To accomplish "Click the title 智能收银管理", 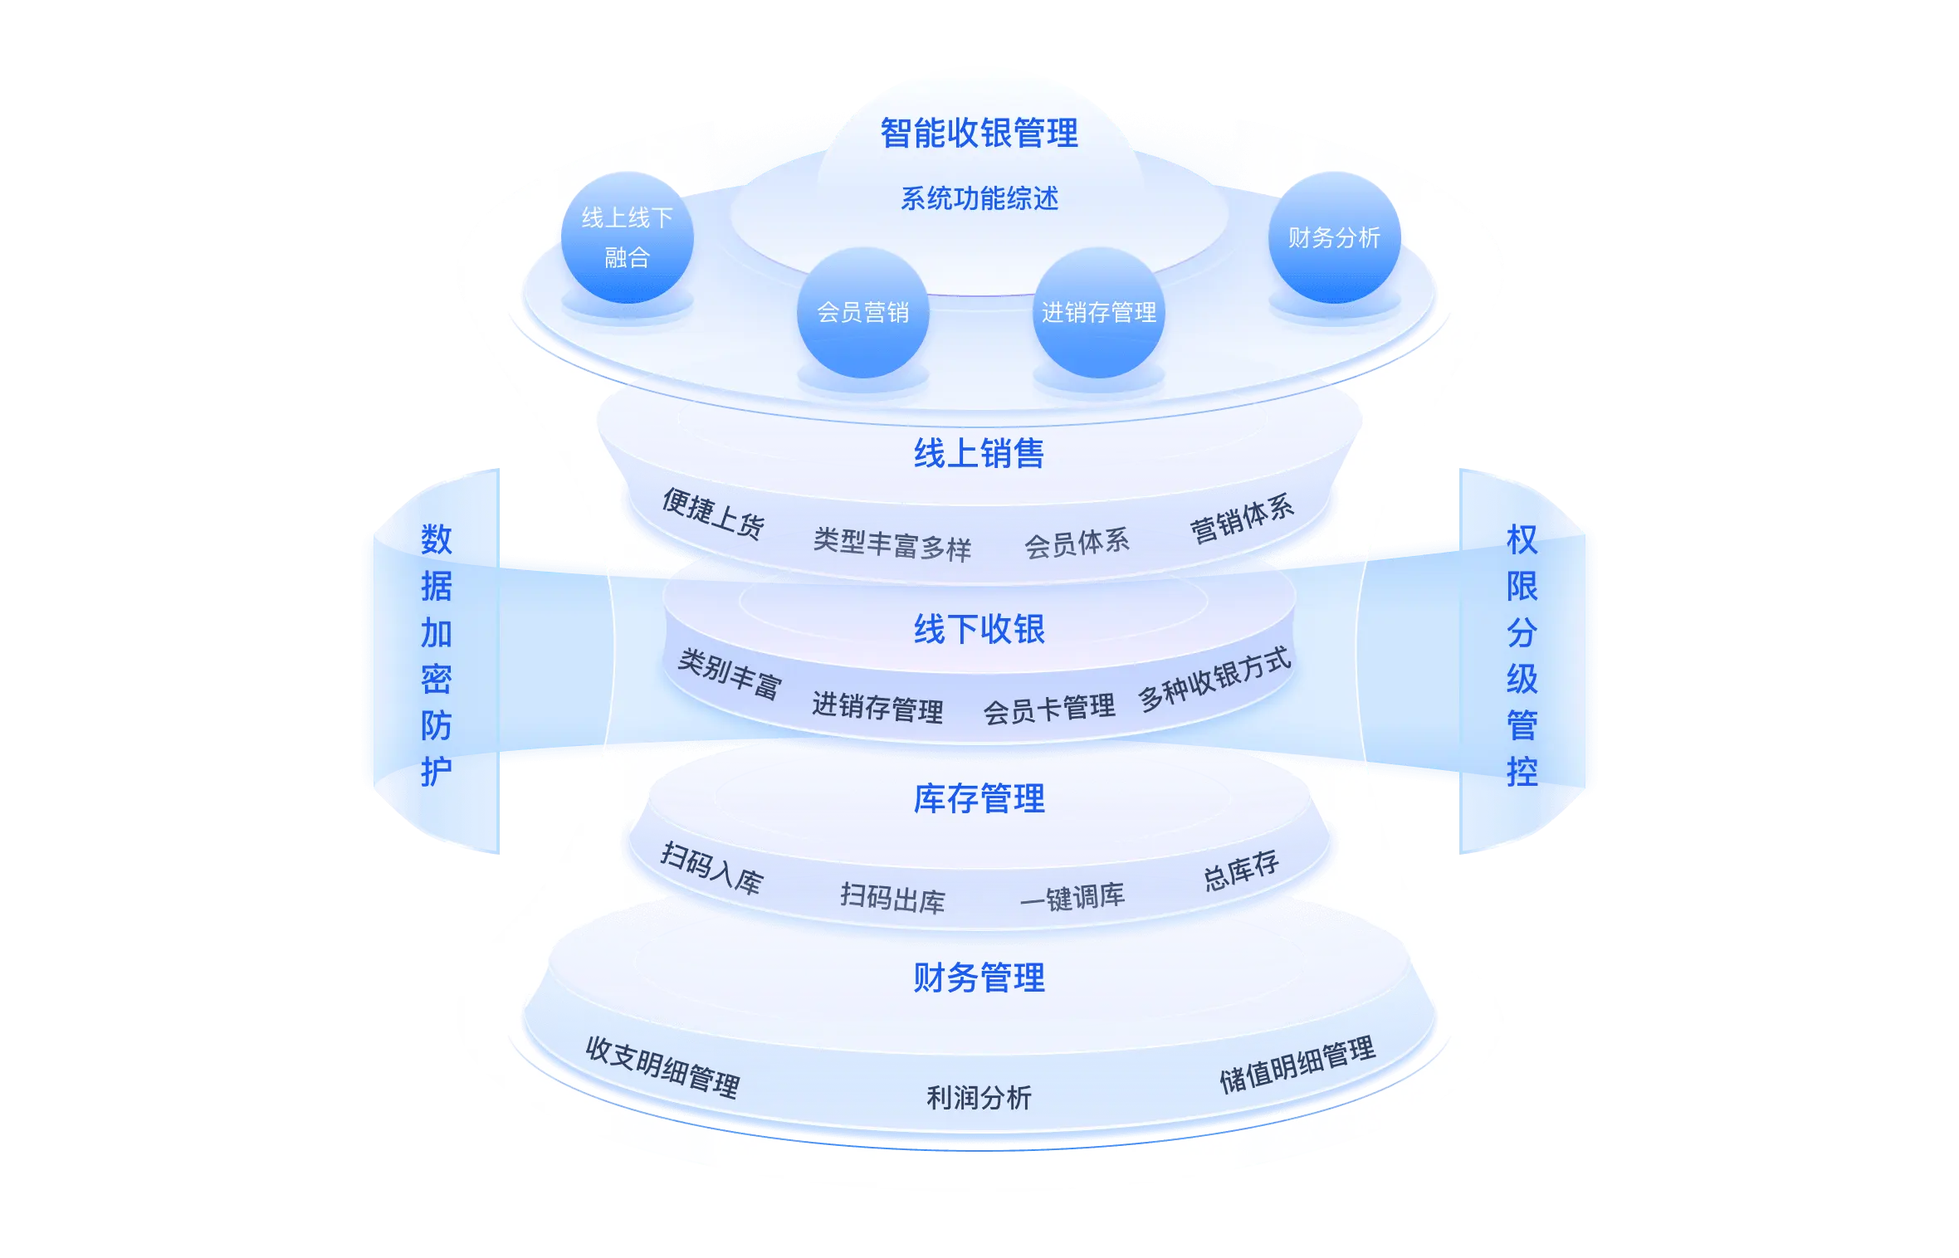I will tap(979, 134).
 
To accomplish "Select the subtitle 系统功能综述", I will tap(979, 199).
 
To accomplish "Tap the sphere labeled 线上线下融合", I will tap(627, 237).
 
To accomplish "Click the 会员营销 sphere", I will tap(862, 313).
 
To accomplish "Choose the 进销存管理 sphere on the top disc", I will tap(1098, 313).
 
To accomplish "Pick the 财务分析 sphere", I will tap(1334, 238).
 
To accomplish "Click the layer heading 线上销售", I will tap(979, 454).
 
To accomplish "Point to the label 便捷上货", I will tap(713, 514).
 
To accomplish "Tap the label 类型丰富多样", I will tap(892, 545).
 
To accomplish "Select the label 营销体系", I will tap(1242, 518).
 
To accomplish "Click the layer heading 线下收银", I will tap(979, 630).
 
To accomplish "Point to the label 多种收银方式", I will tap(1214, 680).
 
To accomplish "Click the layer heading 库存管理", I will tap(979, 799).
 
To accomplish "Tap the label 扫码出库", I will tap(892, 899).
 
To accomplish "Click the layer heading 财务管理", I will tap(979, 978).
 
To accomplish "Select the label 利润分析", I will tap(979, 1098).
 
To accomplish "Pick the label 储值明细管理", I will tap(1297, 1065).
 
